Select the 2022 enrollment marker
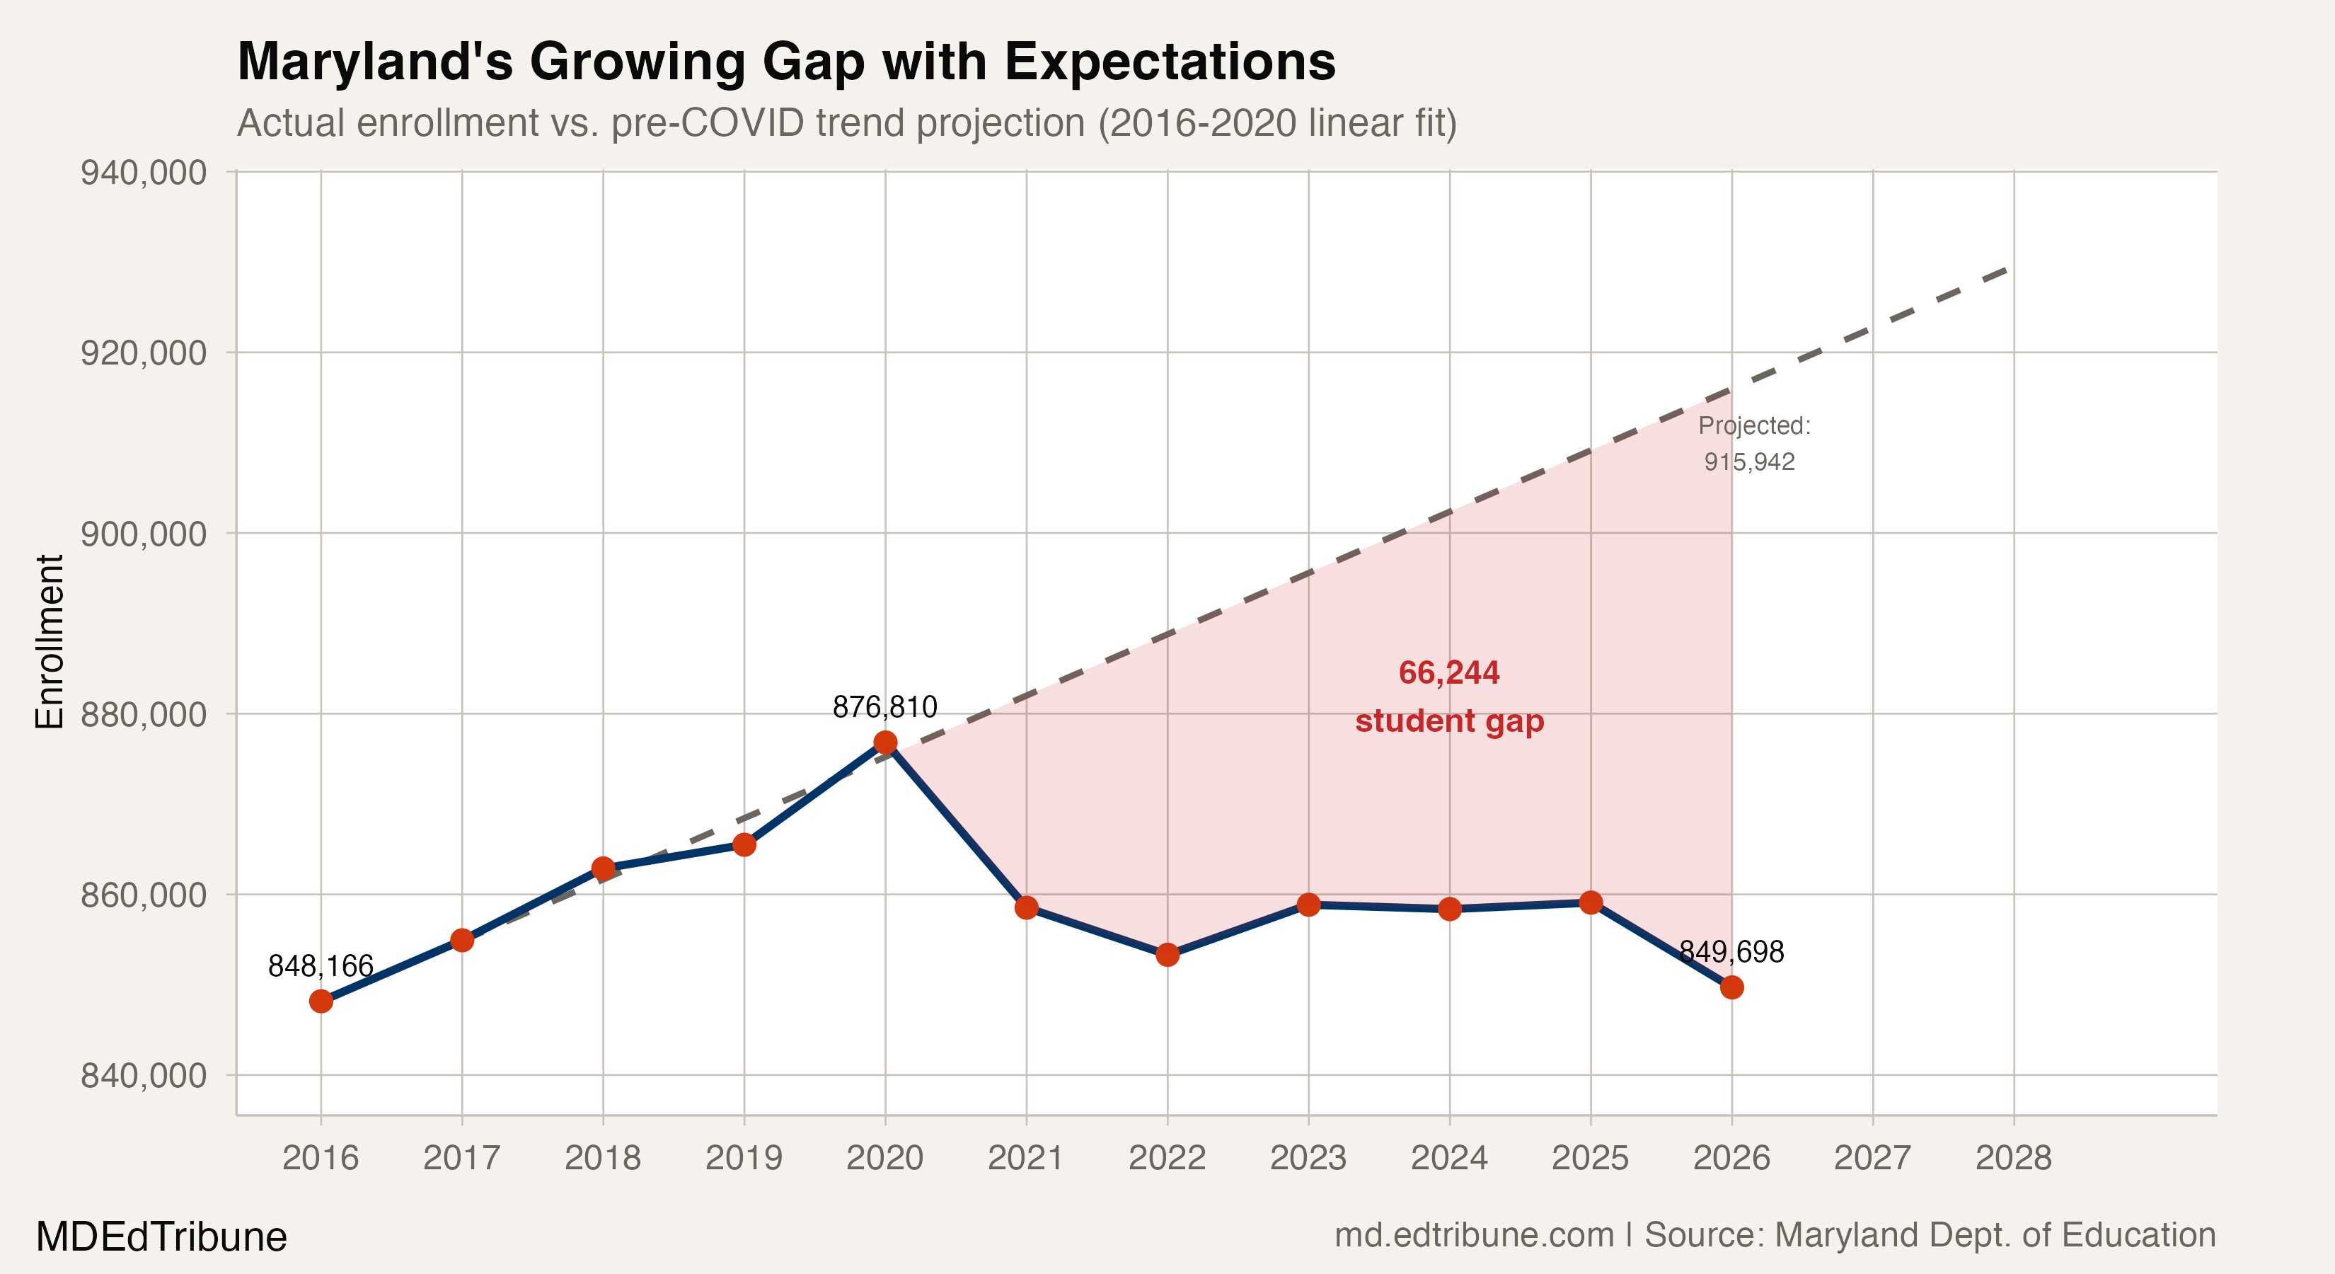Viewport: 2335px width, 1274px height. pyautogui.click(x=1167, y=954)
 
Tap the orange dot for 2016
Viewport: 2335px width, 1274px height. pyautogui.click(x=321, y=1001)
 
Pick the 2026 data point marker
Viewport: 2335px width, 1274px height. pyautogui.click(x=1731, y=987)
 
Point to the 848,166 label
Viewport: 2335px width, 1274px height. pyautogui.click(x=321, y=967)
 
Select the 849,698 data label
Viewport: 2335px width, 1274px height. pyautogui.click(x=1731, y=952)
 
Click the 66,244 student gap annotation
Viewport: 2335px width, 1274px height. pyautogui.click(x=1448, y=696)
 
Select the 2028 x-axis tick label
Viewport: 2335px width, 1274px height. pyautogui.click(x=2013, y=1158)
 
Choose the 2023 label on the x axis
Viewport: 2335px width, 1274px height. pyautogui.click(x=1308, y=1158)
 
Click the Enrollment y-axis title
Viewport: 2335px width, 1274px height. pyautogui.click(x=49, y=641)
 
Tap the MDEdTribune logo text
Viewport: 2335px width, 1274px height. pyautogui.click(x=161, y=1236)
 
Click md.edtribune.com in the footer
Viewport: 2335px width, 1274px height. pyautogui.click(x=1474, y=1235)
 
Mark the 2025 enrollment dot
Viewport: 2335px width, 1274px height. pyautogui.click(x=1590, y=902)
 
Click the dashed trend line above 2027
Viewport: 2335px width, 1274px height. pyautogui.click(x=1873, y=331)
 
